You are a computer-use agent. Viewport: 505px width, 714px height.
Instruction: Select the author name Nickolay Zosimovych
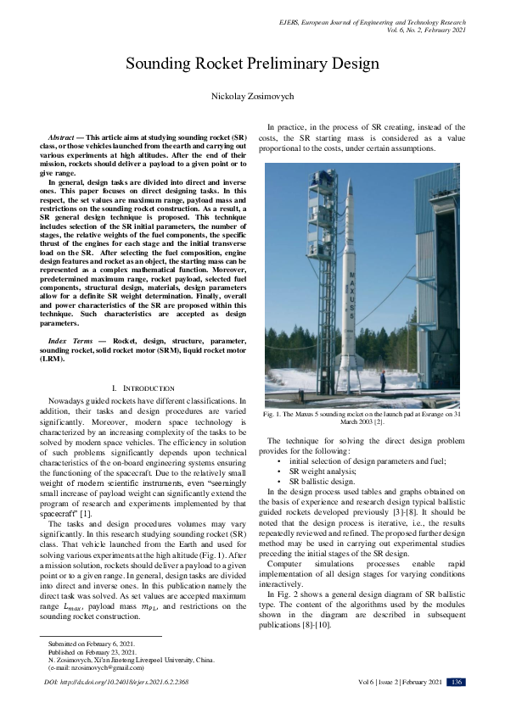coord(252,97)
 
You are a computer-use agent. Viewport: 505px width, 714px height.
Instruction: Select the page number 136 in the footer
coord(456,682)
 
